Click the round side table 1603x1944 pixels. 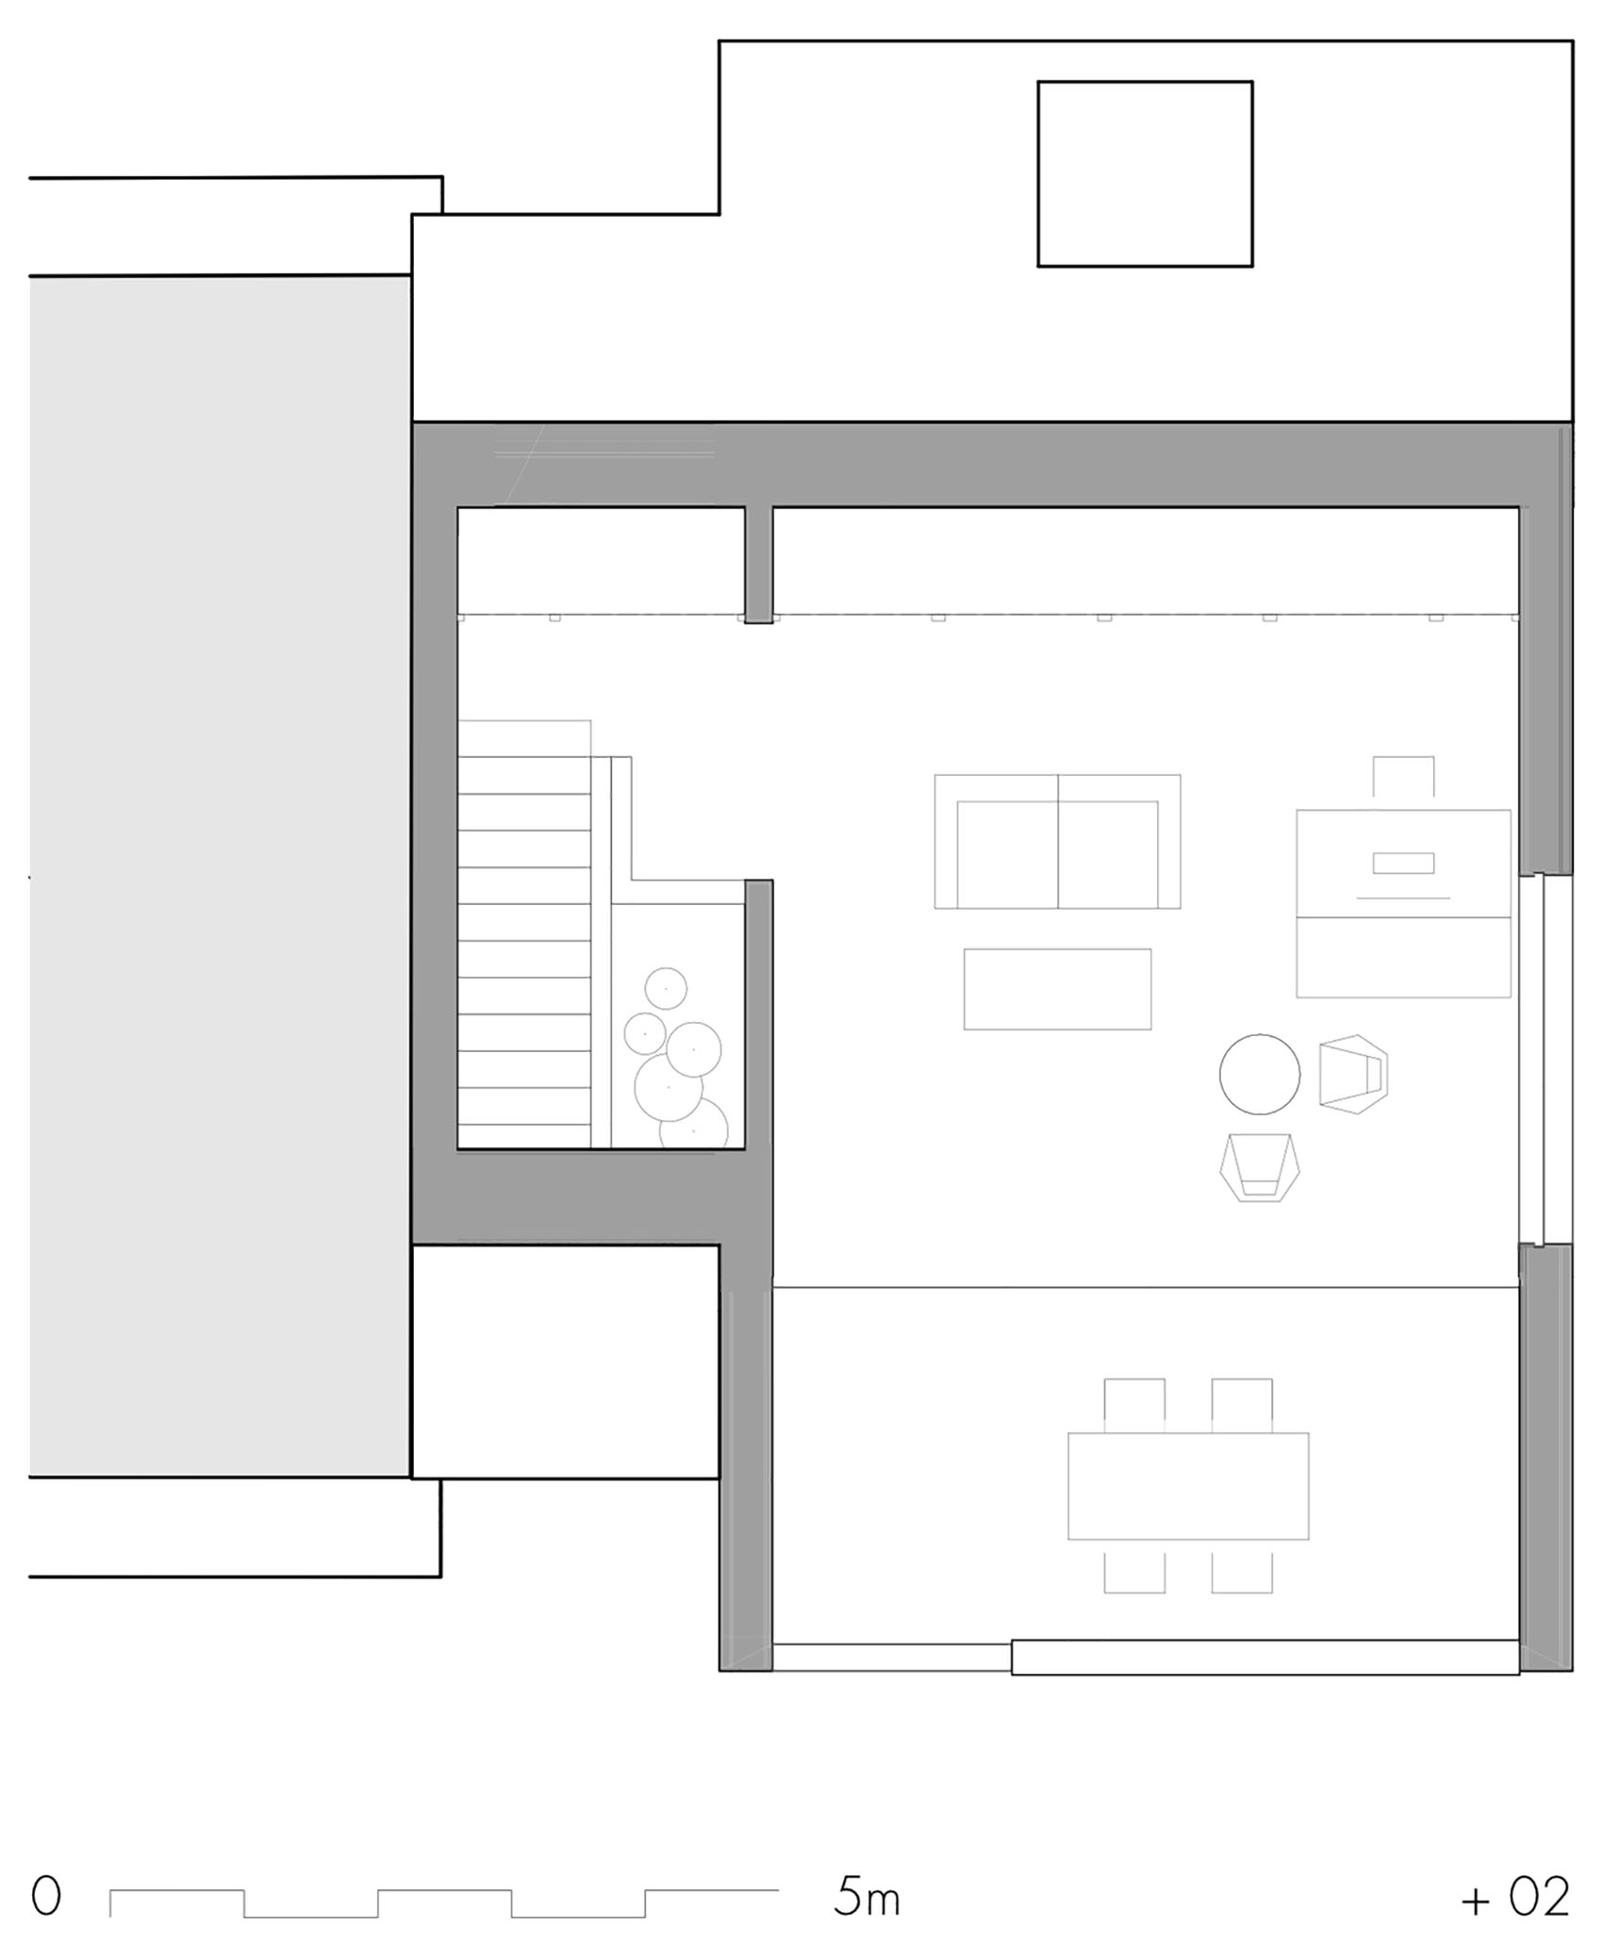click(x=1259, y=1074)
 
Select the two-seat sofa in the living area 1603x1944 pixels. click(x=1057, y=842)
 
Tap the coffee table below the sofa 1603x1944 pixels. click(x=1057, y=989)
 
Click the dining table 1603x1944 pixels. click(x=1188, y=1486)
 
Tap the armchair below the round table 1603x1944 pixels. click(x=1260, y=1167)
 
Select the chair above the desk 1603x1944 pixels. click(x=1403, y=777)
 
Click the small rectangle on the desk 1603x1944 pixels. click(x=1403, y=863)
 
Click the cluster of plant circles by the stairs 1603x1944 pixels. click(x=677, y=1061)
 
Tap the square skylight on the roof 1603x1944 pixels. click(x=1145, y=174)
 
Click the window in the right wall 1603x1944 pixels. click(x=1545, y=1061)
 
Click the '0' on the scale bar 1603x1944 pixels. click(x=45, y=1896)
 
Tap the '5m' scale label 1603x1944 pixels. click(x=867, y=1897)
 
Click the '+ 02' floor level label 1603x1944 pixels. click(x=1516, y=1897)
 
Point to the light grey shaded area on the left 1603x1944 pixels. click(x=220, y=876)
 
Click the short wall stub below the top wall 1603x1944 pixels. click(x=758, y=565)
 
